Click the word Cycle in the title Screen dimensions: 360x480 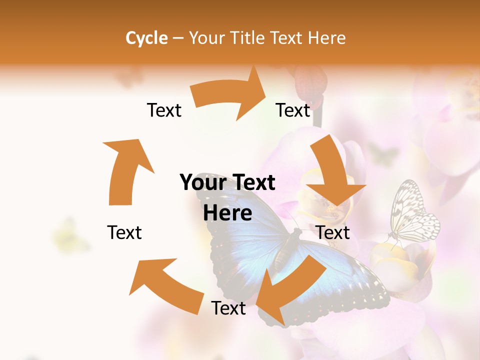146,38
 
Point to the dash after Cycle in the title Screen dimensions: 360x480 178,38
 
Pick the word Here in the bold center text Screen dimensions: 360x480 227,213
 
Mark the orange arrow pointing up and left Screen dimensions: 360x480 165,285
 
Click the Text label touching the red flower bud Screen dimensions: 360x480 293,110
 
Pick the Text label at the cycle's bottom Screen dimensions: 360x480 228,308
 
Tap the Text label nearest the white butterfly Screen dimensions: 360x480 333,232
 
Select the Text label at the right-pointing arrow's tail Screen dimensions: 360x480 164,110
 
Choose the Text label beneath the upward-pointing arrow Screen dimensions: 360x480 124,232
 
